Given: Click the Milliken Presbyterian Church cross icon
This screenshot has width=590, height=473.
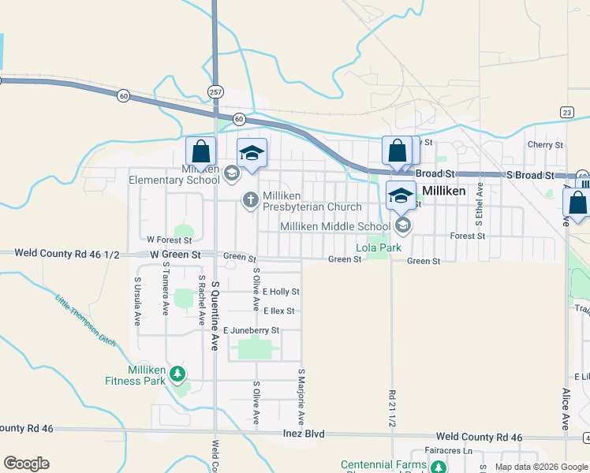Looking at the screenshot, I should tap(251, 199).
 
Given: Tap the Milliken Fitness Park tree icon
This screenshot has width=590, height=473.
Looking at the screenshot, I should tap(179, 373).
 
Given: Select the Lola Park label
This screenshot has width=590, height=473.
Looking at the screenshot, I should tap(379, 248).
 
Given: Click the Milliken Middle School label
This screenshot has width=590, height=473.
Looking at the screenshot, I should tap(335, 226).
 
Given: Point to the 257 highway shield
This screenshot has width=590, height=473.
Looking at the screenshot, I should tap(215, 92).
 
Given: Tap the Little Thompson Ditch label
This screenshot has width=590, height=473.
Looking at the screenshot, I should tap(85, 321).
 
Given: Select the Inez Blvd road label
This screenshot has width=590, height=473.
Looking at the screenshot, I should tap(304, 434).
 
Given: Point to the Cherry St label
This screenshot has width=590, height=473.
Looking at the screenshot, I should tap(545, 145).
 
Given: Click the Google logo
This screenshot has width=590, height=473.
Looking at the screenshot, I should tap(26, 464).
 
